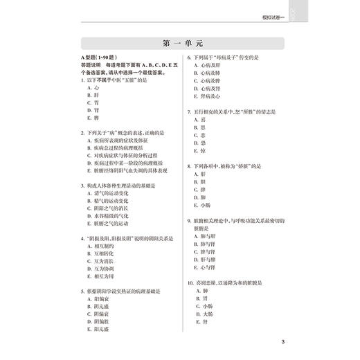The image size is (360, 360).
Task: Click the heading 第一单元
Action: click(x=179, y=43)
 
